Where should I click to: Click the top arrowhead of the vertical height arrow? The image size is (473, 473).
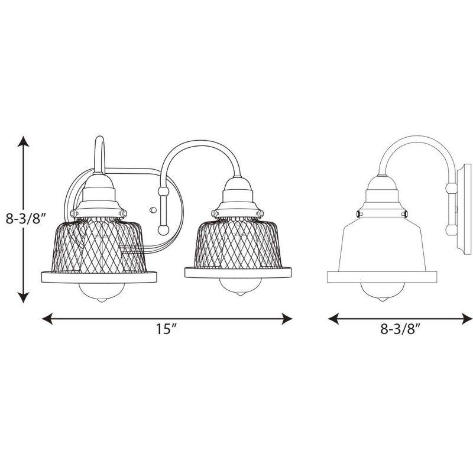pos(22,141)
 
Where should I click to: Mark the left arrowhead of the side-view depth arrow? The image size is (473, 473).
pos(333,319)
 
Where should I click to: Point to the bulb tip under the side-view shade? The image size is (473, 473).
pos(383,299)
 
